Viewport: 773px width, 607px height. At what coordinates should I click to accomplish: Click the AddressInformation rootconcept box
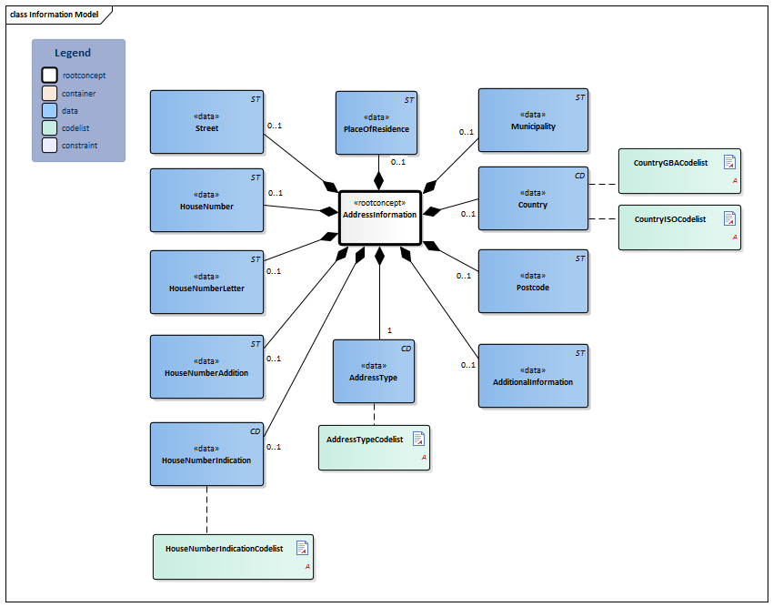(x=380, y=218)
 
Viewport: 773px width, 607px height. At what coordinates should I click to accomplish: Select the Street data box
(x=206, y=121)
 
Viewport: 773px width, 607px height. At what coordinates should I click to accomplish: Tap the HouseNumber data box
(x=206, y=199)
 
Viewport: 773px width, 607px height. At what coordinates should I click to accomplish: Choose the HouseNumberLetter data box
(x=206, y=281)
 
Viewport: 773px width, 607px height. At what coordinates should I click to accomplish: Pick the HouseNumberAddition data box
(x=206, y=367)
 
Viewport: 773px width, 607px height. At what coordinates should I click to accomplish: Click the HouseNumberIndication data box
(x=206, y=453)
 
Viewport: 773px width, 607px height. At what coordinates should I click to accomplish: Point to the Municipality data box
(x=533, y=120)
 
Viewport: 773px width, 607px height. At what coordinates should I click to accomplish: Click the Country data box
(x=533, y=198)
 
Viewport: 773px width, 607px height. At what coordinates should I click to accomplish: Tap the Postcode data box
(x=533, y=281)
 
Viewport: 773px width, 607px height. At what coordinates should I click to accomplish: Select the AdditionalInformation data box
(x=533, y=376)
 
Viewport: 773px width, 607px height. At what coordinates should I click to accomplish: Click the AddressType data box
(x=374, y=371)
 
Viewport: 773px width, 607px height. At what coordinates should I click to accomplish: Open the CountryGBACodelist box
(x=679, y=171)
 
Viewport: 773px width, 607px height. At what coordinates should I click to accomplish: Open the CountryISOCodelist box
(x=679, y=228)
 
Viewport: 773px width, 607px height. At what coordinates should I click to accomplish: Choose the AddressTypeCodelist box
(x=374, y=448)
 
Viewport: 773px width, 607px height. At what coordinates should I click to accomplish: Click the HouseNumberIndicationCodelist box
(x=233, y=557)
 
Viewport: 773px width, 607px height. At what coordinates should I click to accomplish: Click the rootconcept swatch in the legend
(x=49, y=76)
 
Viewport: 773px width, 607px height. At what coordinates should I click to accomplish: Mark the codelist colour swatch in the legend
(x=49, y=127)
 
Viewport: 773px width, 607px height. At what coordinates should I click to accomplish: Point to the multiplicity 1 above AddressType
(x=389, y=330)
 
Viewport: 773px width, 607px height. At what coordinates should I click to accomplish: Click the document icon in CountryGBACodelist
(x=729, y=163)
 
